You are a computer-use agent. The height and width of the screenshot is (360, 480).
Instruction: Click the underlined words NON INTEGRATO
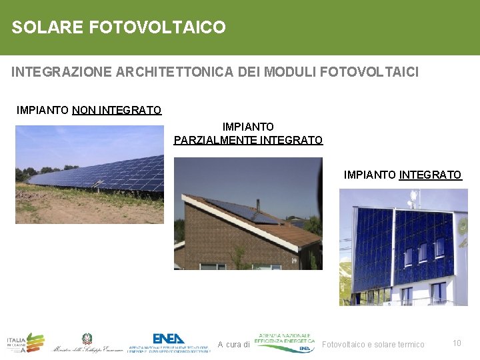(x=117, y=110)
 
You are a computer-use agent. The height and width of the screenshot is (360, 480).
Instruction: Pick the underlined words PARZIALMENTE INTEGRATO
(x=248, y=140)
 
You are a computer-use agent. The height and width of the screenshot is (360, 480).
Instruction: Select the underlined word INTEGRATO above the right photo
(x=430, y=175)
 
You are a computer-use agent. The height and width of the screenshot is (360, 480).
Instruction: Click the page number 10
(x=457, y=343)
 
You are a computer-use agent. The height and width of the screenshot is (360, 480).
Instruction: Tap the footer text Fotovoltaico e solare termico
(x=373, y=345)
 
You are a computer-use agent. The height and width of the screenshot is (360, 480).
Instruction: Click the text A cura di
(x=233, y=345)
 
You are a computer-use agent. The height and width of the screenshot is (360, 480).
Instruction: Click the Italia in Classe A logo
(x=25, y=342)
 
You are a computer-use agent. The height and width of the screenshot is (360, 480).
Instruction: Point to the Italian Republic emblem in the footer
(x=87, y=339)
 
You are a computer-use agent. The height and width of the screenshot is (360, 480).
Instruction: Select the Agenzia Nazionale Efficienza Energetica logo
(x=285, y=341)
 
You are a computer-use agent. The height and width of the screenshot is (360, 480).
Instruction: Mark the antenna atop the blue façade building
(x=413, y=197)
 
